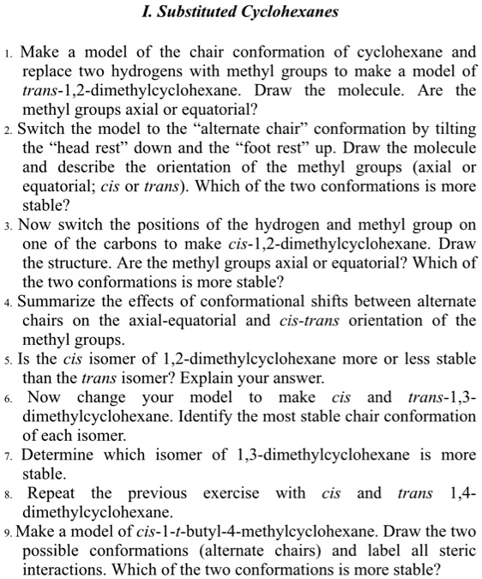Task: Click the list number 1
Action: click(9, 53)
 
